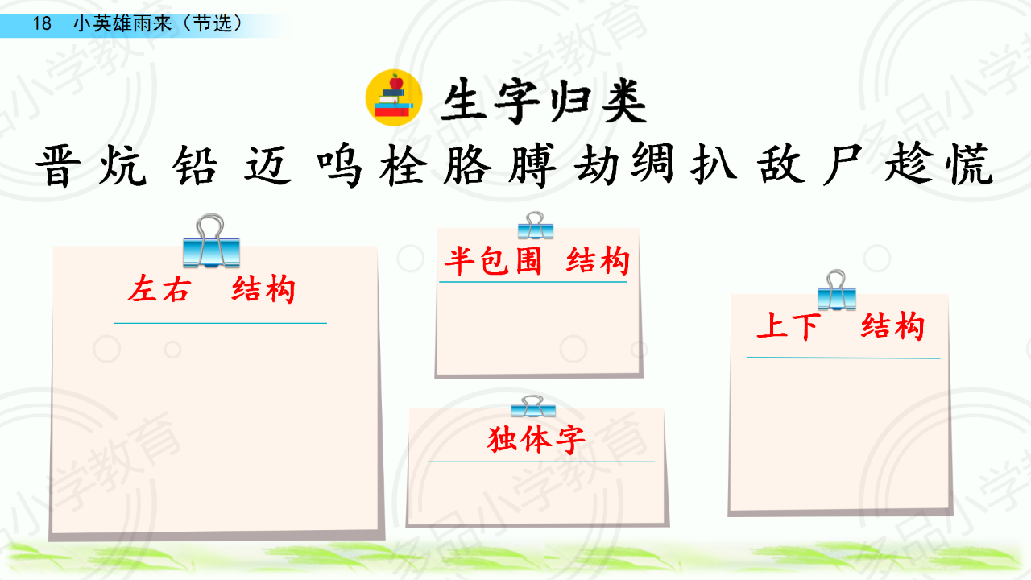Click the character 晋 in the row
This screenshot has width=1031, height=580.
(x=59, y=166)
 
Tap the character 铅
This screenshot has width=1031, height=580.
(x=195, y=165)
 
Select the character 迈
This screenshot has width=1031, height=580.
(x=267, y=165)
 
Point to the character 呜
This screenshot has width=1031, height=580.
(x=339, y=165)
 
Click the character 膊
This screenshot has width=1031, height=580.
(x=532, y=165)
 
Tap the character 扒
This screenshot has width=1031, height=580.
(x=714, y=165)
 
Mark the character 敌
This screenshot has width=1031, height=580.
(x=781, y=165)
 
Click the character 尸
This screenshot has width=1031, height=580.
(x=842, y=165)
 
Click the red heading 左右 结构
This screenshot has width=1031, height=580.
(x=212, y=289)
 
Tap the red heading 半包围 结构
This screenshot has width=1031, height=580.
(x=537, y=260)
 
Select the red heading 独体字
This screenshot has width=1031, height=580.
(x=536, y=439)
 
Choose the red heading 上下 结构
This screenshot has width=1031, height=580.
(x=841, y=326)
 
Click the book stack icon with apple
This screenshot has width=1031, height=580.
(x=394, y=97)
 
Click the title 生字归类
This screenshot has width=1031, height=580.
(x=544, y=101)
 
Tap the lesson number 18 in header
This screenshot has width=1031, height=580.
(x=42, y=23)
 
